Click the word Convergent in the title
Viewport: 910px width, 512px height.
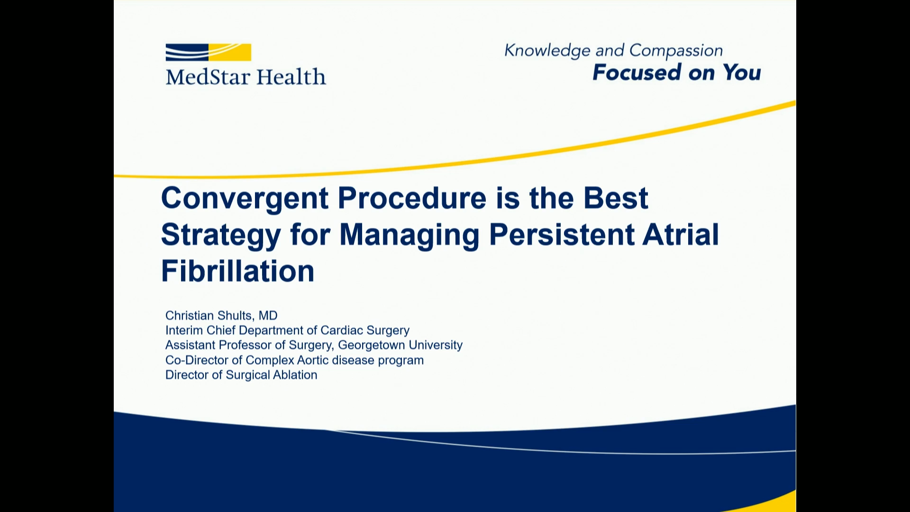click(245, 198)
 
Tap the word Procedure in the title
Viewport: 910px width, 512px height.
click(412, 198)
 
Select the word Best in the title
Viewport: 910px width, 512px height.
click(615, 198)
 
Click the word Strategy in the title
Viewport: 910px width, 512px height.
click(221, 235)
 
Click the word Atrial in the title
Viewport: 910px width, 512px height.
click(681, 234)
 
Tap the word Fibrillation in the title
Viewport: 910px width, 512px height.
click(238, 271)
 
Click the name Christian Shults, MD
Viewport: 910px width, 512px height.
click(221, 316)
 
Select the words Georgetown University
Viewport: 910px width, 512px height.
click(400, 345)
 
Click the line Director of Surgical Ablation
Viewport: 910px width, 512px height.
click(241, 375)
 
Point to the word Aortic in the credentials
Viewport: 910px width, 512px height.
click(313, 360)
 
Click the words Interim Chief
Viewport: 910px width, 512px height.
click(200, 330)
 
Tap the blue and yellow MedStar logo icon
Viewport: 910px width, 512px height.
click(208, 53)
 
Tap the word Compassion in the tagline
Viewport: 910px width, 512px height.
click(676, 51)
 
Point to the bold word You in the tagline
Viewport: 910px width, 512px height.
click(742, 73)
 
